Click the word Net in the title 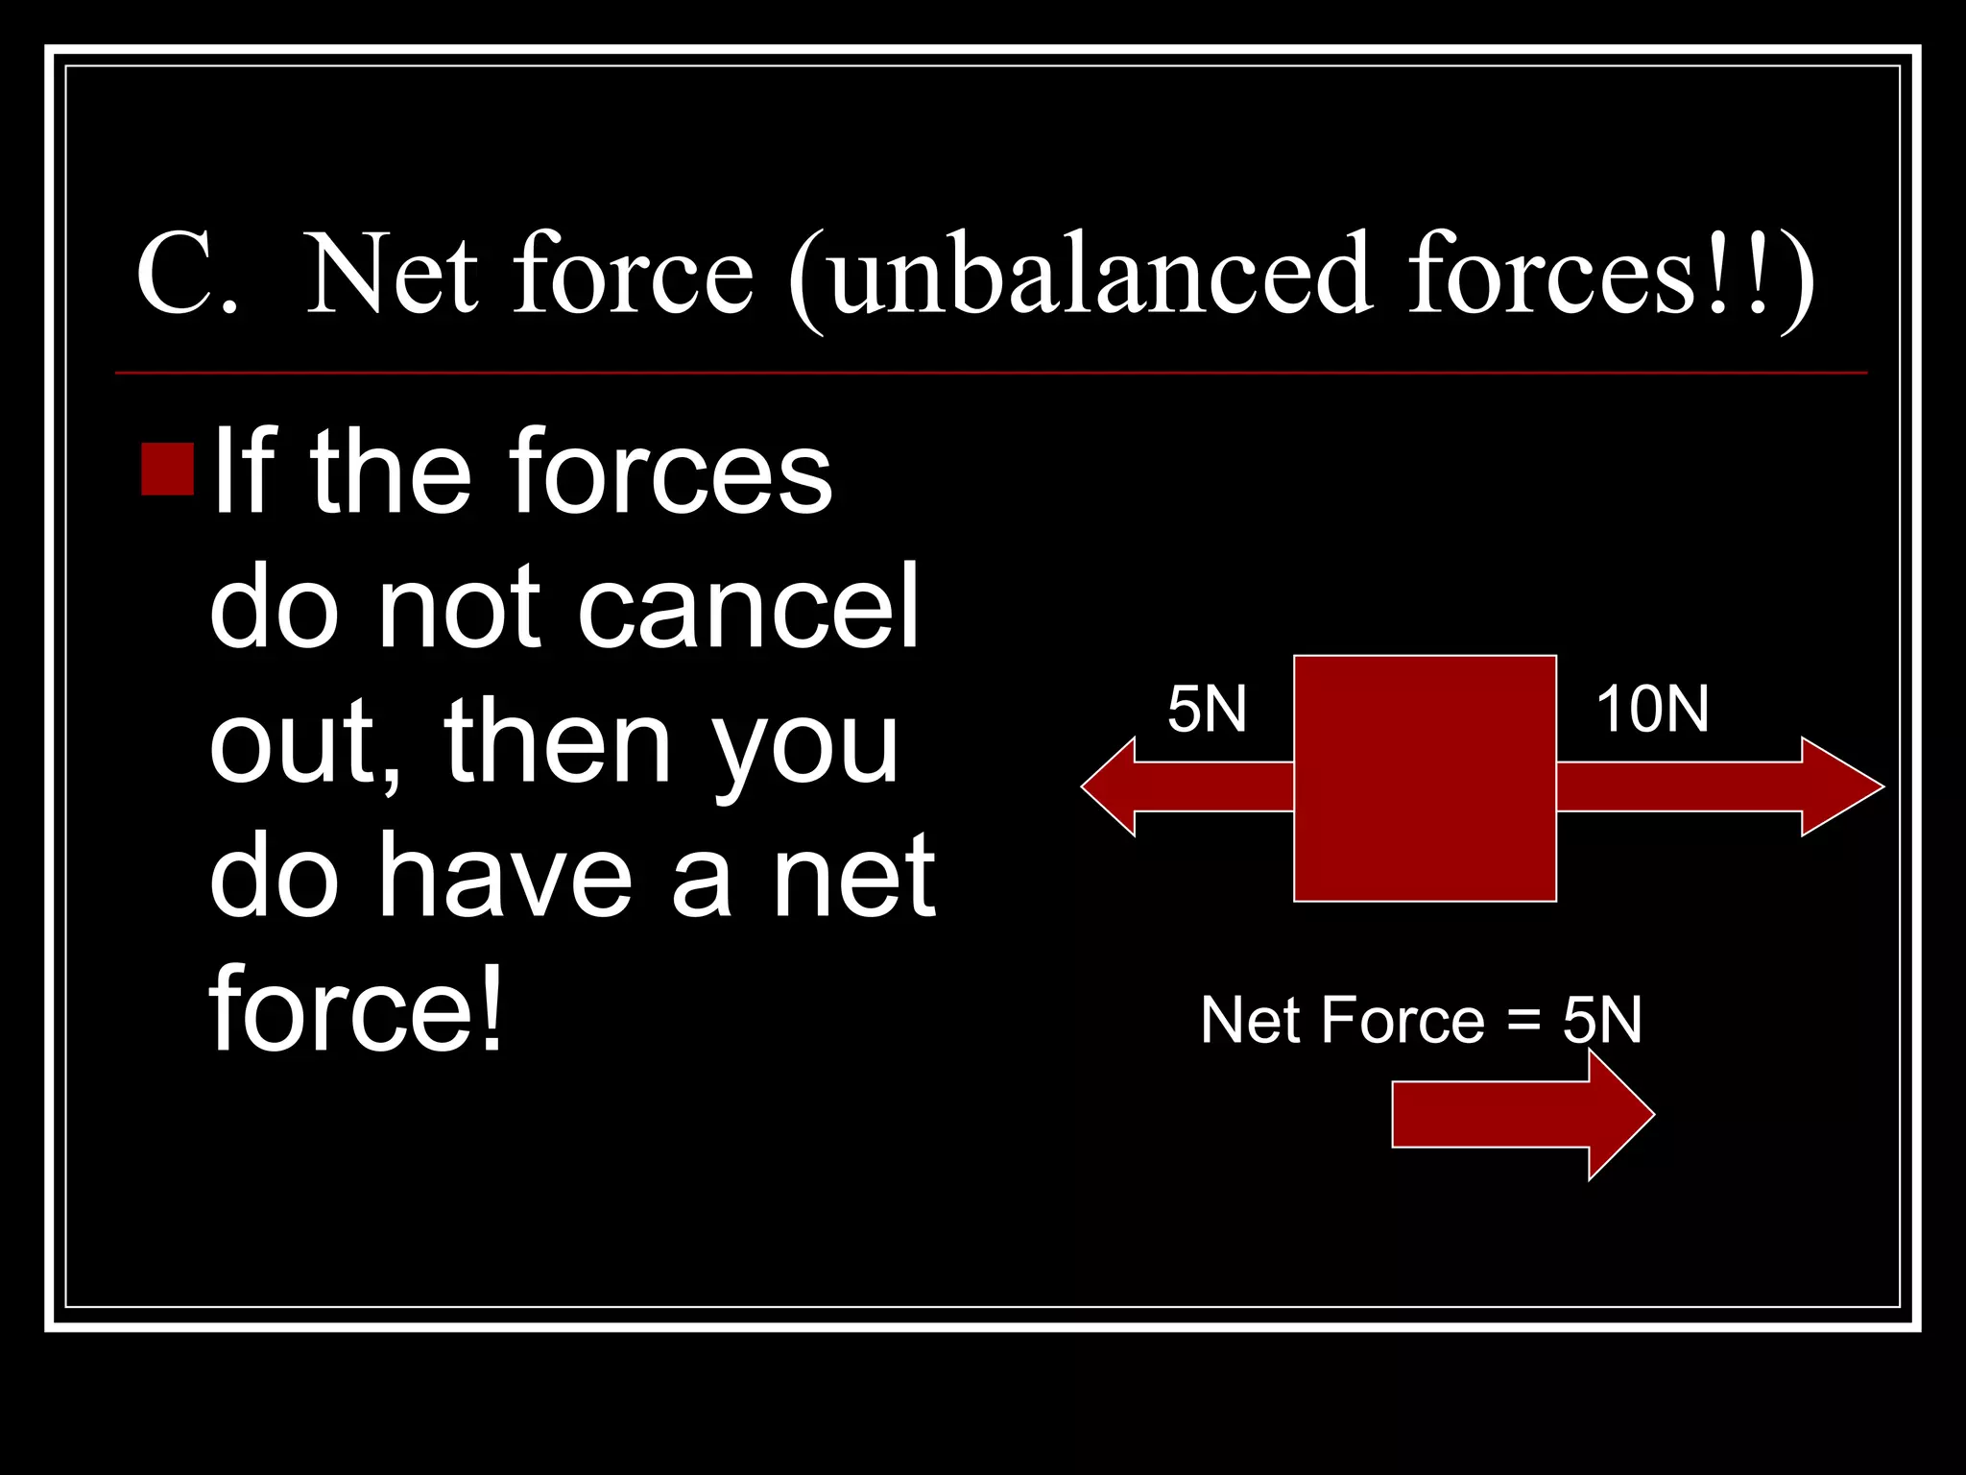[x=392, y=276]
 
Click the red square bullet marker [x=168, y=469]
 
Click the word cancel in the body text [x=748, y=607]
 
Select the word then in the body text [x=557, y=742]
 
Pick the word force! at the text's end [x=356, y=1008]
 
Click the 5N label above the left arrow [x=1207, y=710]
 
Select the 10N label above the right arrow [x=1652, y=710]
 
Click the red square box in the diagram [x=1425, y=779]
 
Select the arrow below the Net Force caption [x=1522, y=1114]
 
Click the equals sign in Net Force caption [x=1523, y=1019]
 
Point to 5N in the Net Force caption [x=1602, y=1019]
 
